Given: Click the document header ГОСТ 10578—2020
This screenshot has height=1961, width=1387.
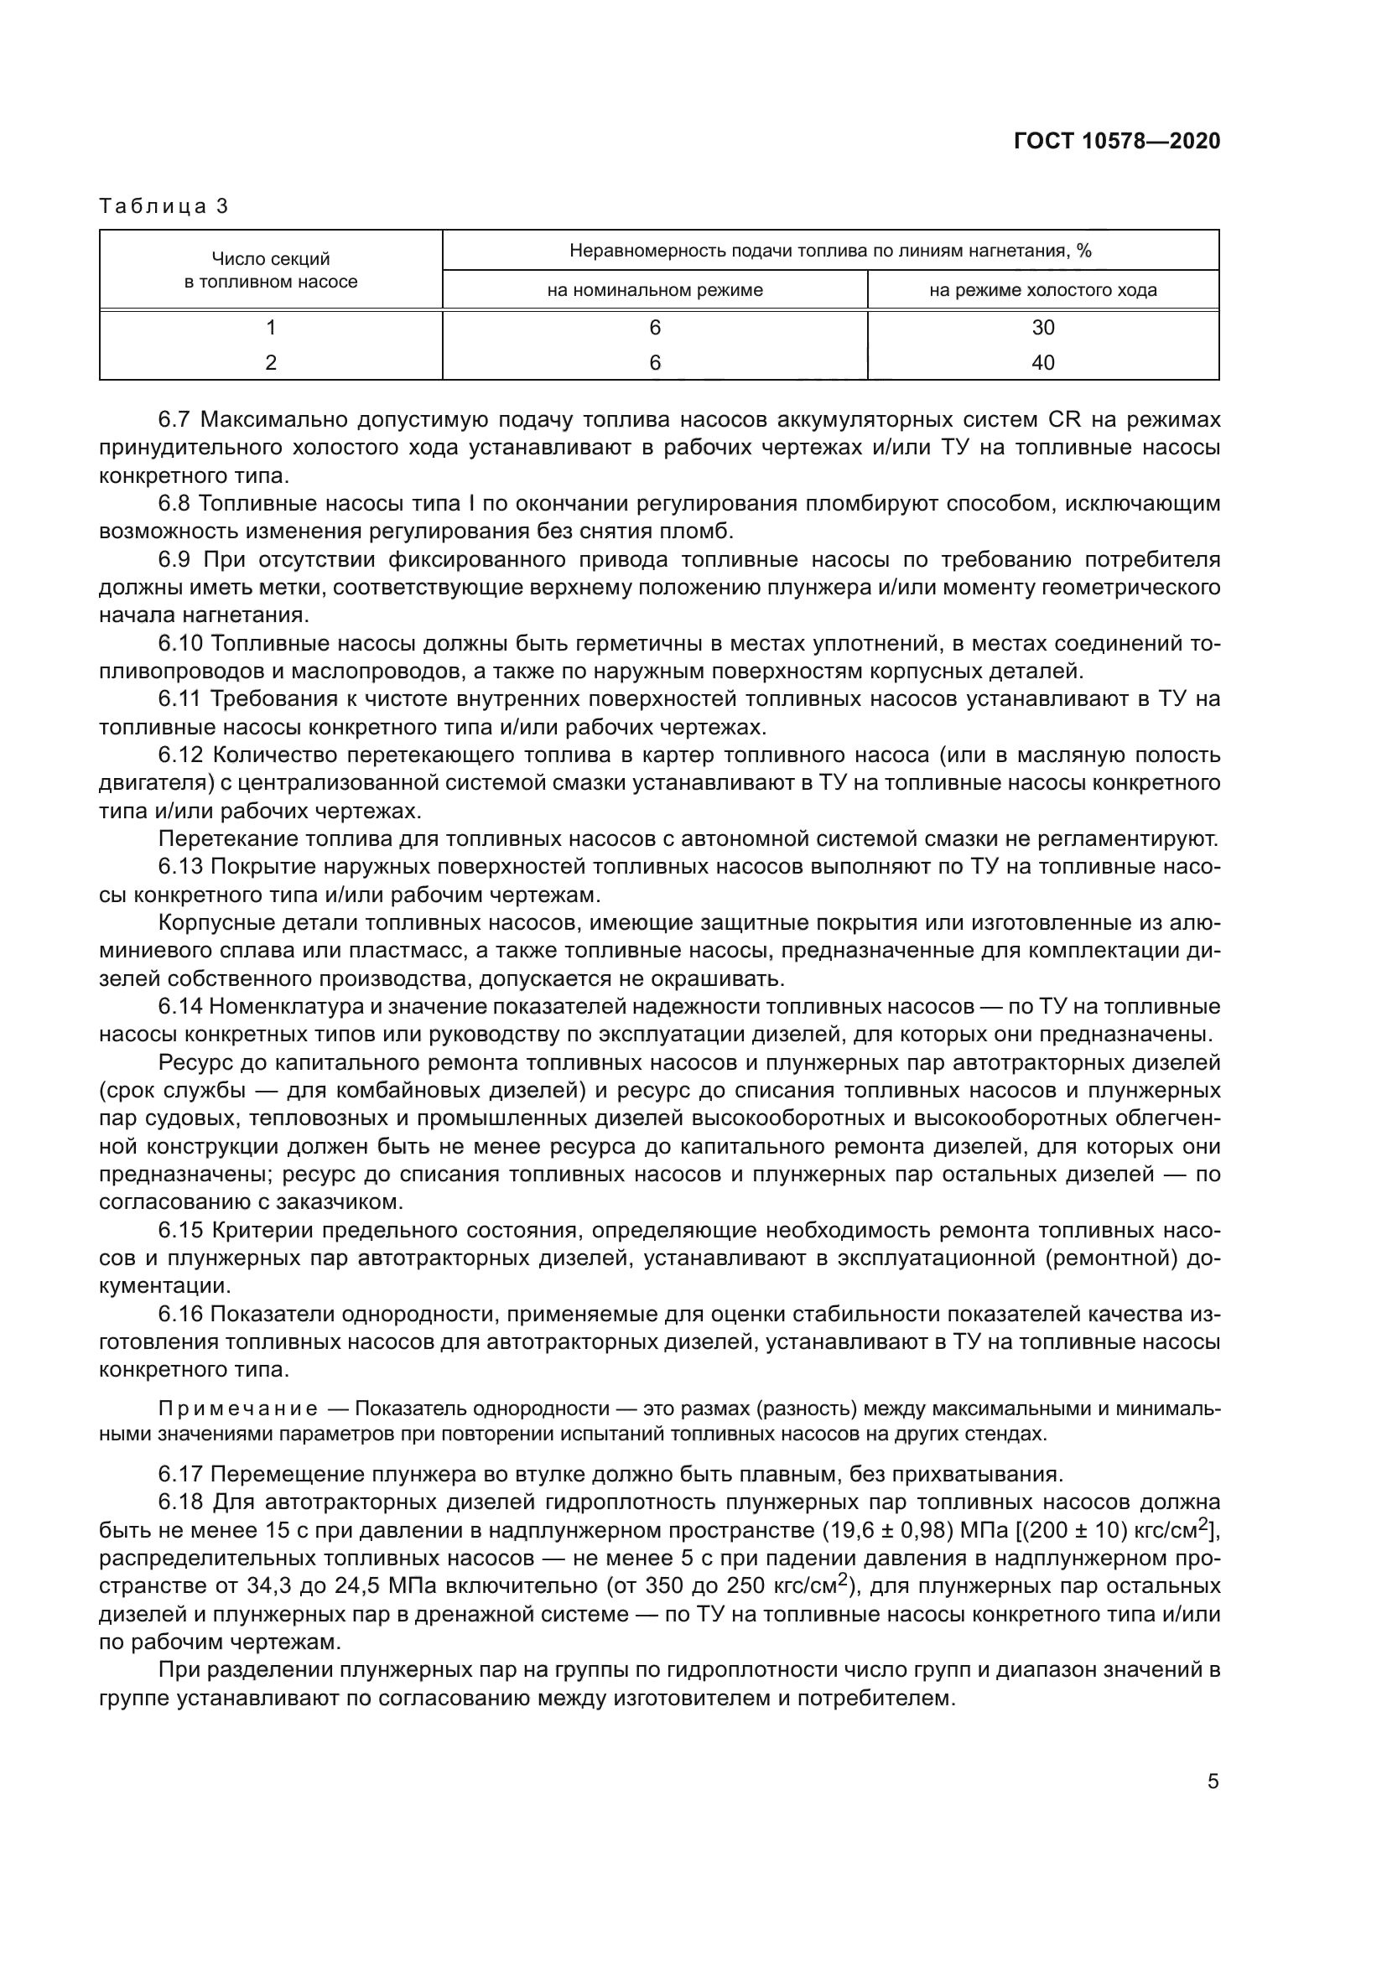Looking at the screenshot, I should click(1116, 141).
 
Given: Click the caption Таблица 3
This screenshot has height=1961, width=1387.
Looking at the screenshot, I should click(164, 206).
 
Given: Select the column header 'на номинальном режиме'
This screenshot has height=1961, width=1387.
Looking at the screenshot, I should click(654, 290).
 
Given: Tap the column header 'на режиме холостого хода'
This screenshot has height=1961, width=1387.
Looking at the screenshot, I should click(1043, 290).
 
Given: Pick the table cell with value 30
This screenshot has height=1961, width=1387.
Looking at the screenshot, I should click(1043, 328).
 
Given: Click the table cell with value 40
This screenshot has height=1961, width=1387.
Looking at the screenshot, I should click(1043, 363).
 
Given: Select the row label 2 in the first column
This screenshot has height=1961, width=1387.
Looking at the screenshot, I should click(271, 363).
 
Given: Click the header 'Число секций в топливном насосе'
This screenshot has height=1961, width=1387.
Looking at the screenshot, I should click(271, 270).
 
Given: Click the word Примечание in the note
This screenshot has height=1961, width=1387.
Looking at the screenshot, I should click(238, 1408).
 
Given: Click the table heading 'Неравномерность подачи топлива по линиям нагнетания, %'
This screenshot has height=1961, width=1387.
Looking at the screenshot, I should click(830, 252).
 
